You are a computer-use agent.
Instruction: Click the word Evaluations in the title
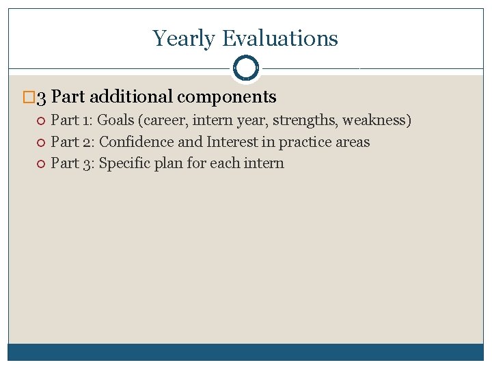(279, 38)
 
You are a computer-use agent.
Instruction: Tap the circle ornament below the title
(245, 68)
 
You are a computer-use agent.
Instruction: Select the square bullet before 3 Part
(28, 98)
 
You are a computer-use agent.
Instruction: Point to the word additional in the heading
(131, 97)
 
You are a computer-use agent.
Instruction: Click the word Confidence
(137, 142)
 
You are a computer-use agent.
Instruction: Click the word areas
(353, 142)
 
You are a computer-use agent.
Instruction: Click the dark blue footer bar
(245, 351)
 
